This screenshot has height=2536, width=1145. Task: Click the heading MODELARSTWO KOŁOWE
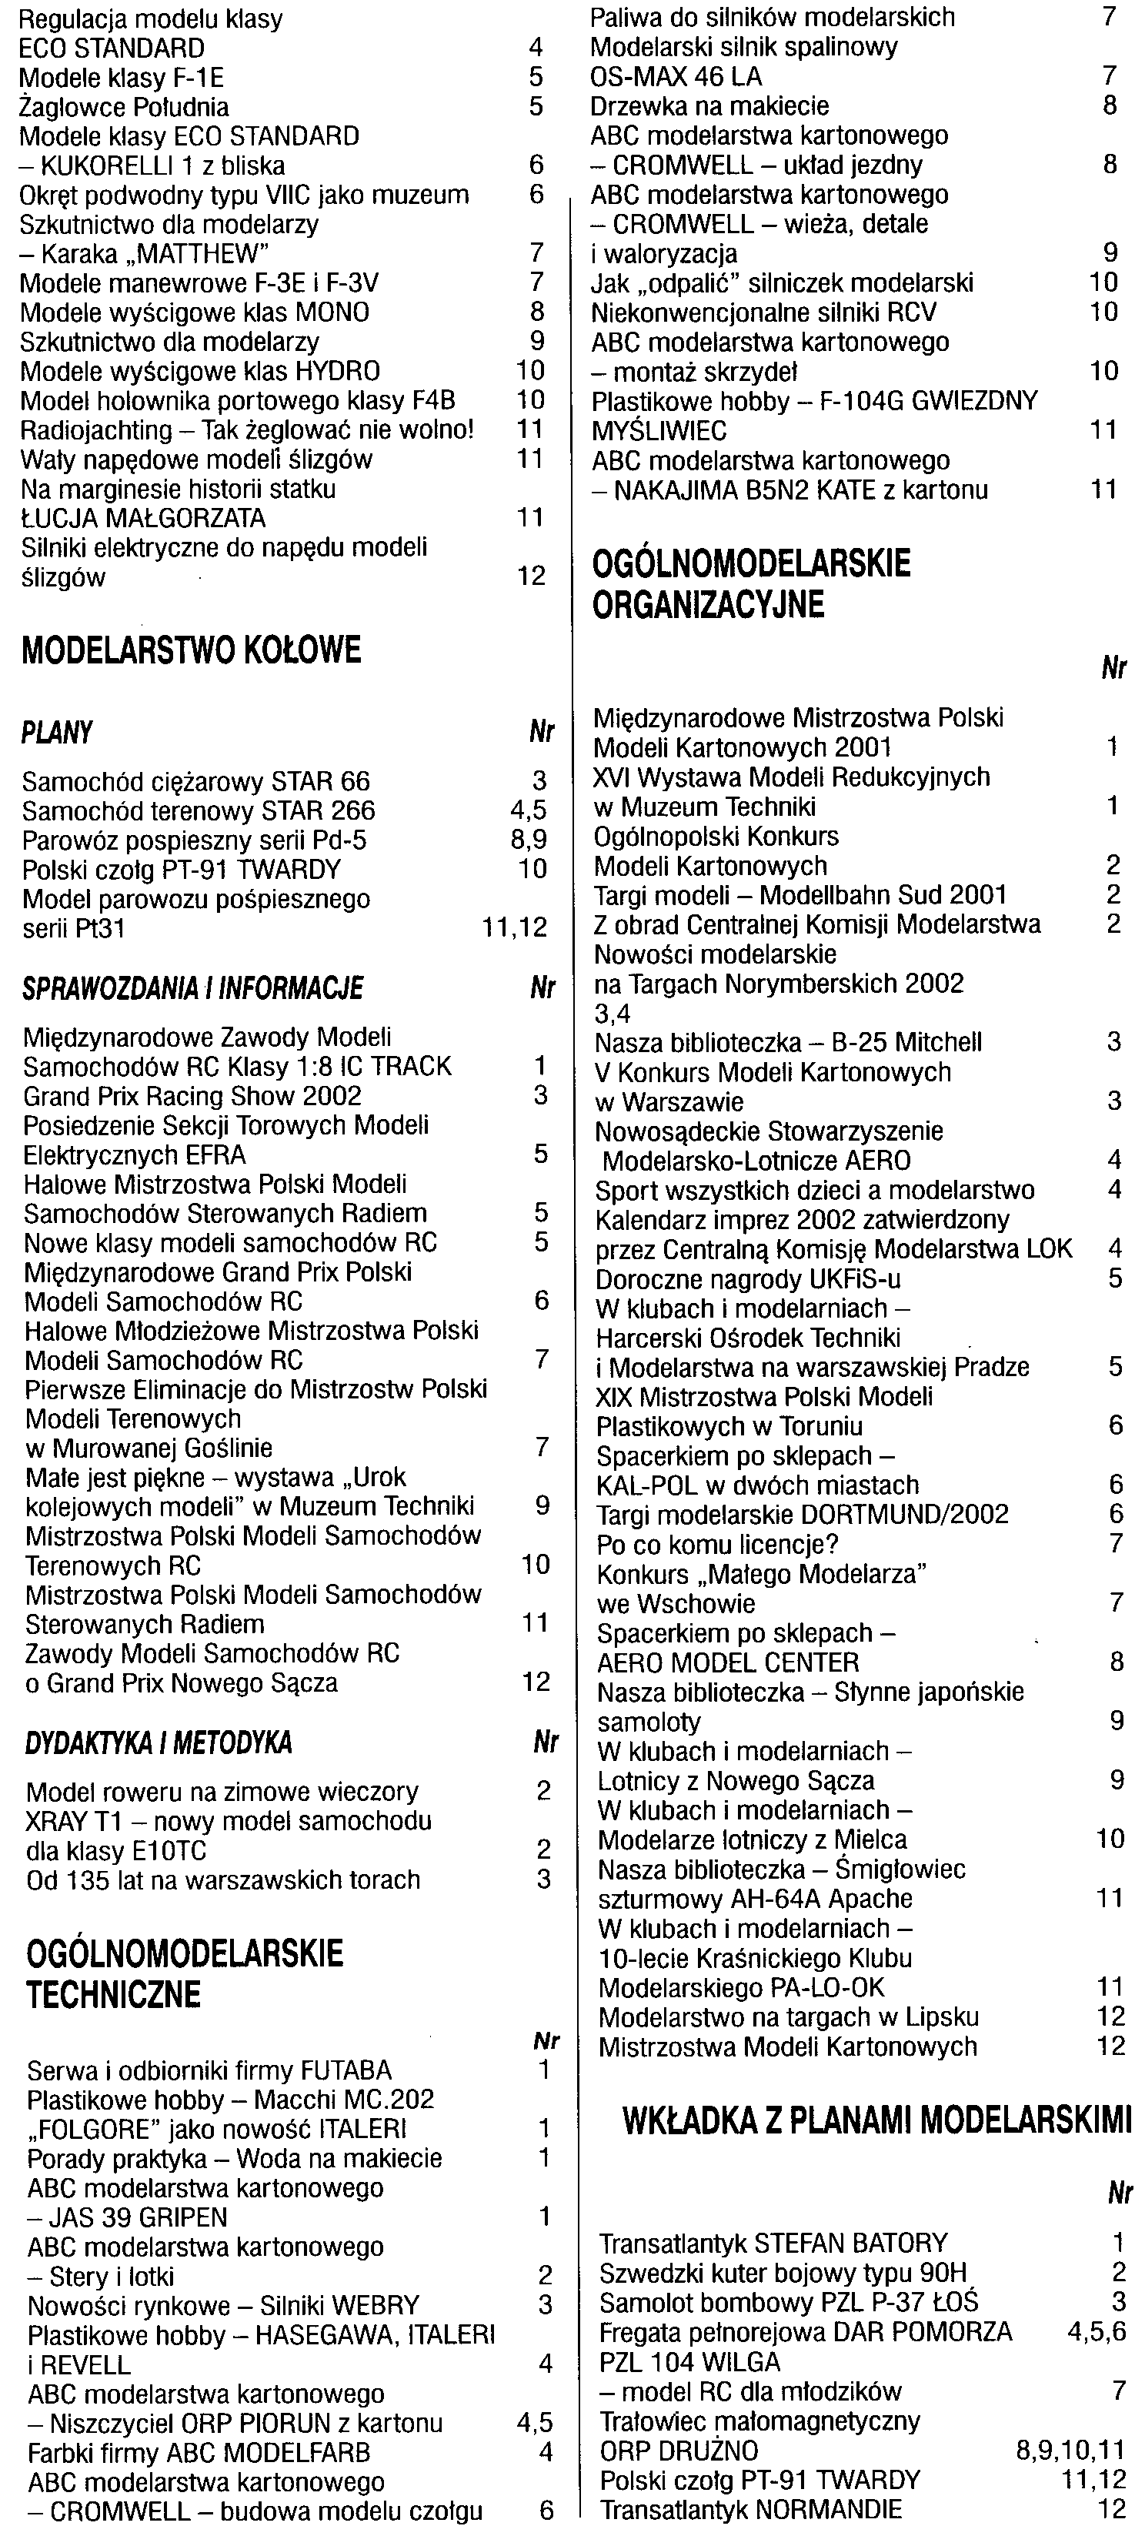click(x=191, y=650)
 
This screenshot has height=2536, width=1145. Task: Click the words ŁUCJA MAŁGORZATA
click(x=144, y=519)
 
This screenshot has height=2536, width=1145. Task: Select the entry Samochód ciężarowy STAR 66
click(x=196, y=782)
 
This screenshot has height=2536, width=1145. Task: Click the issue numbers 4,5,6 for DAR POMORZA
click(x=1097, y=2332)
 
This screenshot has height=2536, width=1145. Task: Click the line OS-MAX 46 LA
click(x=676, y=77)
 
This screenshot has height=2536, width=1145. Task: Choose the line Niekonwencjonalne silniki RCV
click(x=763, y=313)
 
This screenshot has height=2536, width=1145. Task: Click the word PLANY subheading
click(x=57, y=733)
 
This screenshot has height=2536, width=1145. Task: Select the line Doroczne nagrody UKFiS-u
click(x=747, y=1280)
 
